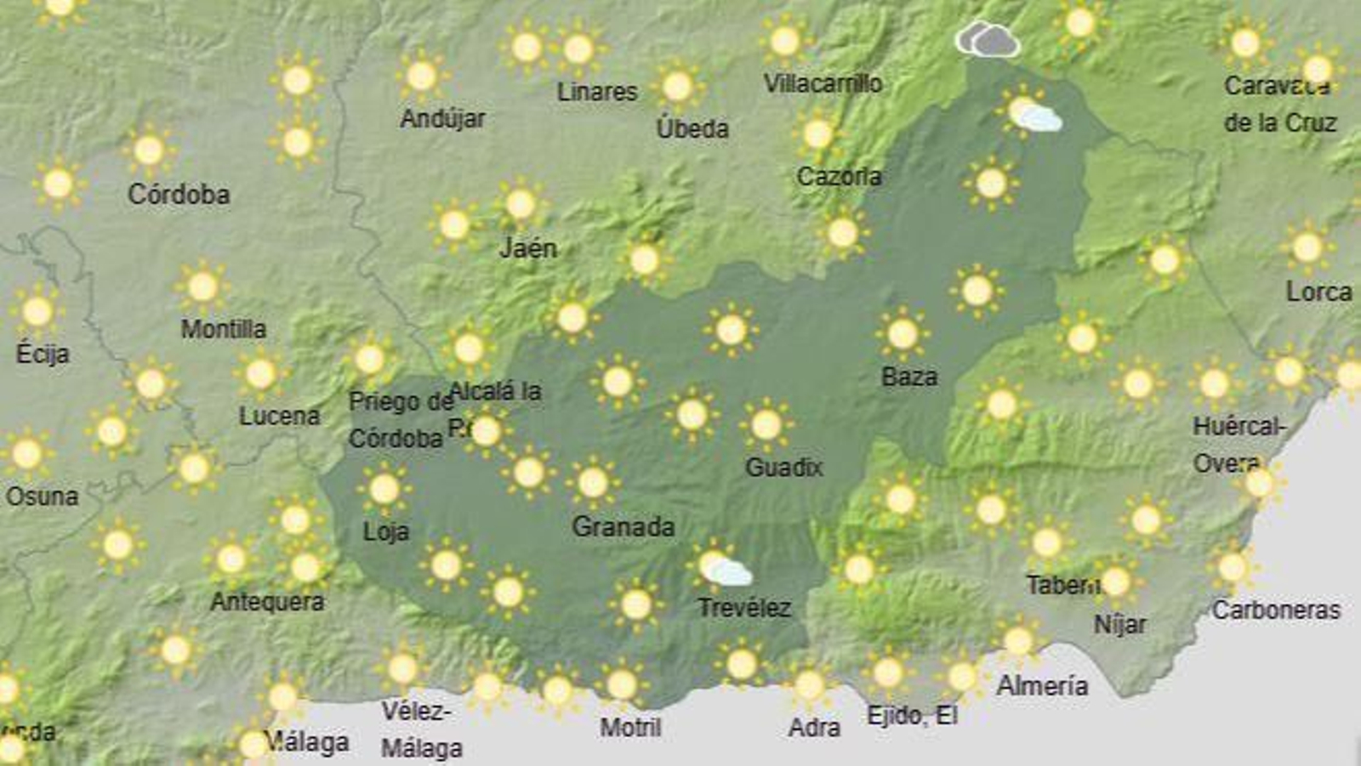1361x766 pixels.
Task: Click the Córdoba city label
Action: pos(179,195)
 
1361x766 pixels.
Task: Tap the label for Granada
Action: pos(623,527)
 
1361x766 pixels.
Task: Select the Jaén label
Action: pos(528,248)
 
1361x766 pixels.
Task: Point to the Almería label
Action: pos(1042,685)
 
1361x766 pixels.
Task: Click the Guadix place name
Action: pos(783,467)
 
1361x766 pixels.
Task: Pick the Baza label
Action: pos(908,377)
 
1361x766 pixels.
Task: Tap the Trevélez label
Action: pos(744,608)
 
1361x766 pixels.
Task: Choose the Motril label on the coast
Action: pos(630,728)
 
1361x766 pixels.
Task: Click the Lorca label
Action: pos(1318,292)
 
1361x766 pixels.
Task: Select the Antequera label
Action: pos(267,602)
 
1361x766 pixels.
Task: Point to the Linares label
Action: pos(597,92)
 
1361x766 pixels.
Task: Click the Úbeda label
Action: pos(692,128)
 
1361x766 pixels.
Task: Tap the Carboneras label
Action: pos(1276,610)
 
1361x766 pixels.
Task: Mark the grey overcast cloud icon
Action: pos(987,39)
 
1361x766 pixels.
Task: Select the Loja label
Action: pos(386,532)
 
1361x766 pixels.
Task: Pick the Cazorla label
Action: pos(839,177)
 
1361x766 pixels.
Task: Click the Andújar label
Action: pos(442,118)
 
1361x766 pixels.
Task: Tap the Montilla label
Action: pos(223,329)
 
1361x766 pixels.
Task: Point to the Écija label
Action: pos(43,354)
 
